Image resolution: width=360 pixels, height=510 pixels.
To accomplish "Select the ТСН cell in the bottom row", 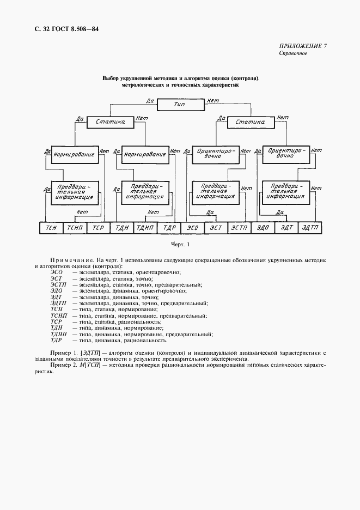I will pyautogui.click(x=52, y=228).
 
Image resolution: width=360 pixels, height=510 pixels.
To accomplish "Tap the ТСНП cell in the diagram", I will pyautogui.click(x=75, y=228).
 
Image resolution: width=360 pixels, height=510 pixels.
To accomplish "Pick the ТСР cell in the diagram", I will pyautogui.click(x=98, y=228).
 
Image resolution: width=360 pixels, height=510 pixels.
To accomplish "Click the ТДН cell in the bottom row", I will pyautogui.click(x=121, y=228).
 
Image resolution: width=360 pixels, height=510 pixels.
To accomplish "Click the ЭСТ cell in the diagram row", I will pyautogui.click(x=216, y=228).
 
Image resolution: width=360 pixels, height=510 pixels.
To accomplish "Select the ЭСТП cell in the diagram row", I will pyautogui.click(x=239, y=228).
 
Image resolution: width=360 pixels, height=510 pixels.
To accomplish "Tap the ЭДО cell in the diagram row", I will pyautogui.click(x=263, y=228).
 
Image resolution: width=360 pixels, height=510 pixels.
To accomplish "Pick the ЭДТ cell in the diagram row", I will pyautogui.click(x=287, y=228).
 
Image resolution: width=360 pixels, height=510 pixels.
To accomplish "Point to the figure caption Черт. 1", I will pyautogui.click(x=180, y=245).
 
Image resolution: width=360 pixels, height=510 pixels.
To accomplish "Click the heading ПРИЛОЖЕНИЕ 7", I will pyautogui.click(x=303, y=46).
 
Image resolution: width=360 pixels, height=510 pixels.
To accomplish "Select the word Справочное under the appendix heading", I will pyautogui.click(x=294, y=53).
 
